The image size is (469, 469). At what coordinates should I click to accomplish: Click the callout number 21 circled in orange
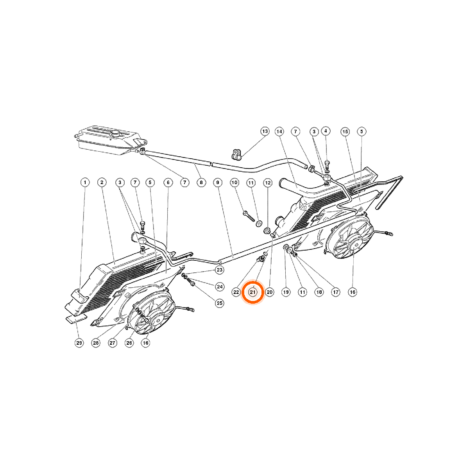(x=252, y=292)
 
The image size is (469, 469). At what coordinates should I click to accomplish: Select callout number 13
(x=265, y=131)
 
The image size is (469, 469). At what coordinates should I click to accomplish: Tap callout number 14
(x=279, y=132)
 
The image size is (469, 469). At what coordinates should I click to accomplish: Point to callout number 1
(x=85, y=182)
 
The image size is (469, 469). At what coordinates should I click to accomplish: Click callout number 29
(x=79, y=343)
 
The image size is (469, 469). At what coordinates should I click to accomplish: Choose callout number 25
(x=220, y=303)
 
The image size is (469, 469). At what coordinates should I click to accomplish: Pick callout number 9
(x=218, y=182)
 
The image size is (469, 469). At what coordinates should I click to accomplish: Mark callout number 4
(x=326, y=131)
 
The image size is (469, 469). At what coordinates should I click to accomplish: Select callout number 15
(x=345, y=132)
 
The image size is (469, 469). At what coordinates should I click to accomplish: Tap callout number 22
(x=236, y=292)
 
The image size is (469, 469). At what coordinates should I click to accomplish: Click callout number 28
(x=96, y=343)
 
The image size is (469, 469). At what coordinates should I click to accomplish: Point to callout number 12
(x=268, y=183)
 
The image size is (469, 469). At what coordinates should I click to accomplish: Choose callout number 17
(x=336, y=292)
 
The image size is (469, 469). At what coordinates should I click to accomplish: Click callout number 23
(x=220, y=270)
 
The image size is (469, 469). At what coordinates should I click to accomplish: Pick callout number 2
(x=102, y=182)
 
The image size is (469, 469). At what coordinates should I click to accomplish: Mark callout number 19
(x=286, y=292)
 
